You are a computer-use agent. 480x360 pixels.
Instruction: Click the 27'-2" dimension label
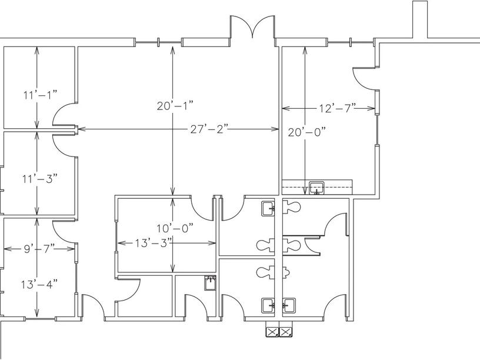[x=209, y=129]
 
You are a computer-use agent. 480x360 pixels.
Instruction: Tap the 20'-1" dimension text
[x=175, y=106]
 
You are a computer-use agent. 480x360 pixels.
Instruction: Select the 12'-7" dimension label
[x=337, y=108]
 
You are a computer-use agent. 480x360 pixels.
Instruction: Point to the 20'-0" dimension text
[x=306, y=132]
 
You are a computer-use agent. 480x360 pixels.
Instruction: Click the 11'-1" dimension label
[x=41, y=95]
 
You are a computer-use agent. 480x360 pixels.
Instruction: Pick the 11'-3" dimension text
[x=40, y=178]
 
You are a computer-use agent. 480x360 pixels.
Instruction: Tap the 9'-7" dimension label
[x=39, y=249]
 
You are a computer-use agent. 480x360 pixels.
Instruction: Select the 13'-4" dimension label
[x=39, y=284]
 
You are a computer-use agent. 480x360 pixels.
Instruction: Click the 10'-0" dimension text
[x=175, y=228]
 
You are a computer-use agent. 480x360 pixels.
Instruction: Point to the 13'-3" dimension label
[x=153, y=243]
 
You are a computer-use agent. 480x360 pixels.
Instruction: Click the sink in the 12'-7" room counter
[x=316, y=188]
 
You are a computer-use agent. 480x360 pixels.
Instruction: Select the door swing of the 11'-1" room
[x=64, y=115]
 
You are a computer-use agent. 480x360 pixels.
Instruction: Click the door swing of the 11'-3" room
[x=64, y=145]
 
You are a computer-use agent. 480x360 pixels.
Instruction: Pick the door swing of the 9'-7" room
[x=64, y=232]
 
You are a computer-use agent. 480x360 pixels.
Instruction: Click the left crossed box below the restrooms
[x=272, y=332]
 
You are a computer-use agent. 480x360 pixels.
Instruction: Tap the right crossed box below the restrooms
[x=286, y=332]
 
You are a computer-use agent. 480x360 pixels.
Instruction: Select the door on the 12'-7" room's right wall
[x=364, y=79]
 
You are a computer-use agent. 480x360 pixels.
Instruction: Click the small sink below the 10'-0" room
[x=211, y=283]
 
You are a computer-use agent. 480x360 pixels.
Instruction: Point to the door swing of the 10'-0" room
[x=202, y=209]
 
